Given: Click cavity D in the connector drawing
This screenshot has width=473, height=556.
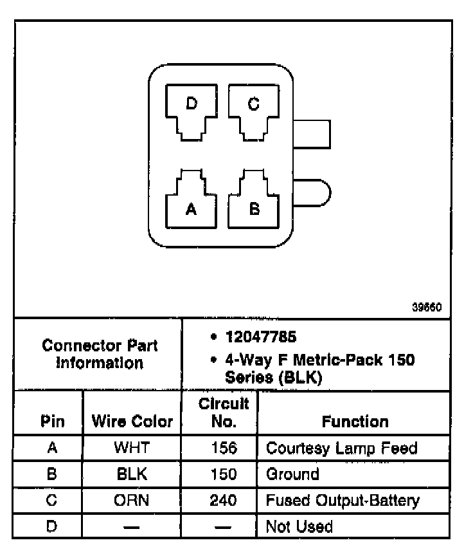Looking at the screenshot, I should pos(191,111).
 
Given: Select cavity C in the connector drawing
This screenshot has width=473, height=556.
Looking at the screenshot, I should pos(254,111).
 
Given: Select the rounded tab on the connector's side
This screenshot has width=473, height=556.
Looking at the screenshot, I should pos(313,192).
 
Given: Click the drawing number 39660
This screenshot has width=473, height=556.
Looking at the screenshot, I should pos(427,308).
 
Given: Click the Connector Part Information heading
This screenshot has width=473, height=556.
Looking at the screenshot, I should pos(100,354).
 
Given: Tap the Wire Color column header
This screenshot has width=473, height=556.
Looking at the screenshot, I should pos(132,422).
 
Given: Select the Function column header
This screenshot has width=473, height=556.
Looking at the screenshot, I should pos(355,422).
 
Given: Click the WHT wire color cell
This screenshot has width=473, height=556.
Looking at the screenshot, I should pos(132,448).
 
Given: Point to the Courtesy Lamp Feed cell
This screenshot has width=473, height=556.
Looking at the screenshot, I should pos(341,448).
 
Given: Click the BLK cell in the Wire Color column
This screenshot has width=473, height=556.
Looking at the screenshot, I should pos(132,474).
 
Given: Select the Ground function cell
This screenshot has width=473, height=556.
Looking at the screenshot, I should pos(292,474).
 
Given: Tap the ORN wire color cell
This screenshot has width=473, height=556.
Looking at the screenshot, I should pos(132,500).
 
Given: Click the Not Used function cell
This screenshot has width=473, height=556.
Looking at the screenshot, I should pos(299,527).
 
